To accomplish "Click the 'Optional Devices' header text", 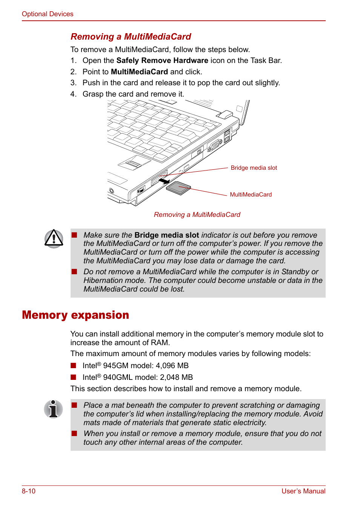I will click(x=48, y=14).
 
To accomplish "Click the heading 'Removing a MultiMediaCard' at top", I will click(x=131, y=37).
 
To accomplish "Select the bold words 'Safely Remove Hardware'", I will click(x=162, y=60).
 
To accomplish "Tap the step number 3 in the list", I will click(x=73, y=83).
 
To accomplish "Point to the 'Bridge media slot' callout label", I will click(x=254, y=168).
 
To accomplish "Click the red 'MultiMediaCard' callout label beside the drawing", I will click(x=251, y=195).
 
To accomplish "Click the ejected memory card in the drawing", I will click(x=178, y=188).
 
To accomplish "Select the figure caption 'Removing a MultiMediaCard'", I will click(x=197, y=215).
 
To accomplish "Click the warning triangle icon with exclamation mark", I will click(x=54, y=239).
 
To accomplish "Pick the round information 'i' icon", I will click(x=53, y=409).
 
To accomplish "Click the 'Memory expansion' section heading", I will click(x=75, y=315).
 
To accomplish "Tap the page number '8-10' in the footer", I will click(x=29, y=491).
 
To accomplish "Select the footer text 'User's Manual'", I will click(x=303, y=491).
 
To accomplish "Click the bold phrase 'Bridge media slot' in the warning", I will click(x=167, y=235).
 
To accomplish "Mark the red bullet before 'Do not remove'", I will click(x=74, y=272).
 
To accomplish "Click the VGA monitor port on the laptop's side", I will click(x=214, y=145).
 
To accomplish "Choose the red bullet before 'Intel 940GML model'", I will click(x=74, y=377).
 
